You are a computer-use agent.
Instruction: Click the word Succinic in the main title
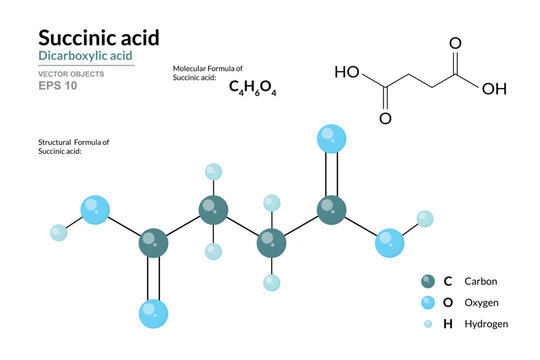tap(72, 37)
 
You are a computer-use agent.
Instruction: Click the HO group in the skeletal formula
tap(347, 72)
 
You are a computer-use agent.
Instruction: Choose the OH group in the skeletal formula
tap(494, 88)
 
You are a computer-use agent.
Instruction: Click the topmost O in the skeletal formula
tap(456, 43)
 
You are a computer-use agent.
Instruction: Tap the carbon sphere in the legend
tap(428, 281)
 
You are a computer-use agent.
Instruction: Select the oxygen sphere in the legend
tap(428, 302)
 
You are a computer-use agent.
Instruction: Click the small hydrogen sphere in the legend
tap(428, 324)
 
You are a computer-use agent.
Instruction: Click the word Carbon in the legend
tap(479, 281)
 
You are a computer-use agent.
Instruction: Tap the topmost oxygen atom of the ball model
tap(330, 137)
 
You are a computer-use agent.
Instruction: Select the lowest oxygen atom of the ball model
tap(154, 313)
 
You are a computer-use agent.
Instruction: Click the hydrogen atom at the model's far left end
tap(59, 233)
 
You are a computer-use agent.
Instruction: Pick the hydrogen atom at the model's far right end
tap(425, 218)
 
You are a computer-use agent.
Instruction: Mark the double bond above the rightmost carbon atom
tap(331, 174)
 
